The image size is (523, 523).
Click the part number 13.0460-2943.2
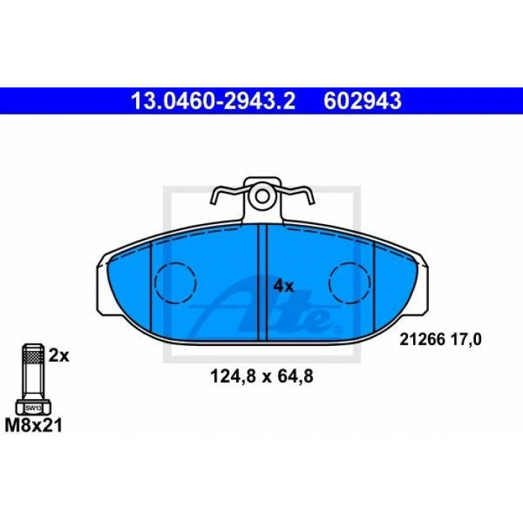pyautogui.click(x=213, y=101)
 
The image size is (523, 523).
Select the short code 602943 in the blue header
pyautogui.click(x=362, y=101)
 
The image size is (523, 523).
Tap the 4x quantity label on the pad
pyautogui.click(x=283, y=286)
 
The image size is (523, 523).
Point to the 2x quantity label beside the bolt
pyautogui.click(x=59, y=356)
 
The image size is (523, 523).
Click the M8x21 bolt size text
pyautogui.click(x=34, y=426)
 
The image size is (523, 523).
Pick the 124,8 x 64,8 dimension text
pyautogui.click(x=261, y=377)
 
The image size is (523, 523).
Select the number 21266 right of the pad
pyautogui.click(x=423, y=340)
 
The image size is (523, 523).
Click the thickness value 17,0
pyautogui.click(x=467, y=340)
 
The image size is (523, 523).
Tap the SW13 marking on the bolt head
pyautogui.click(x=34, y=408)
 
